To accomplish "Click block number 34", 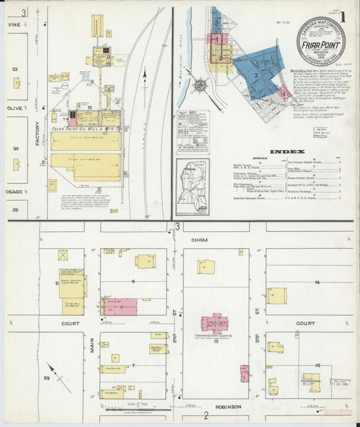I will click(x=16, y=148).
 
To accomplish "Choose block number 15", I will click(x=316, y=366).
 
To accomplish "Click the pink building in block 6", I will click(x=120, y=306).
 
